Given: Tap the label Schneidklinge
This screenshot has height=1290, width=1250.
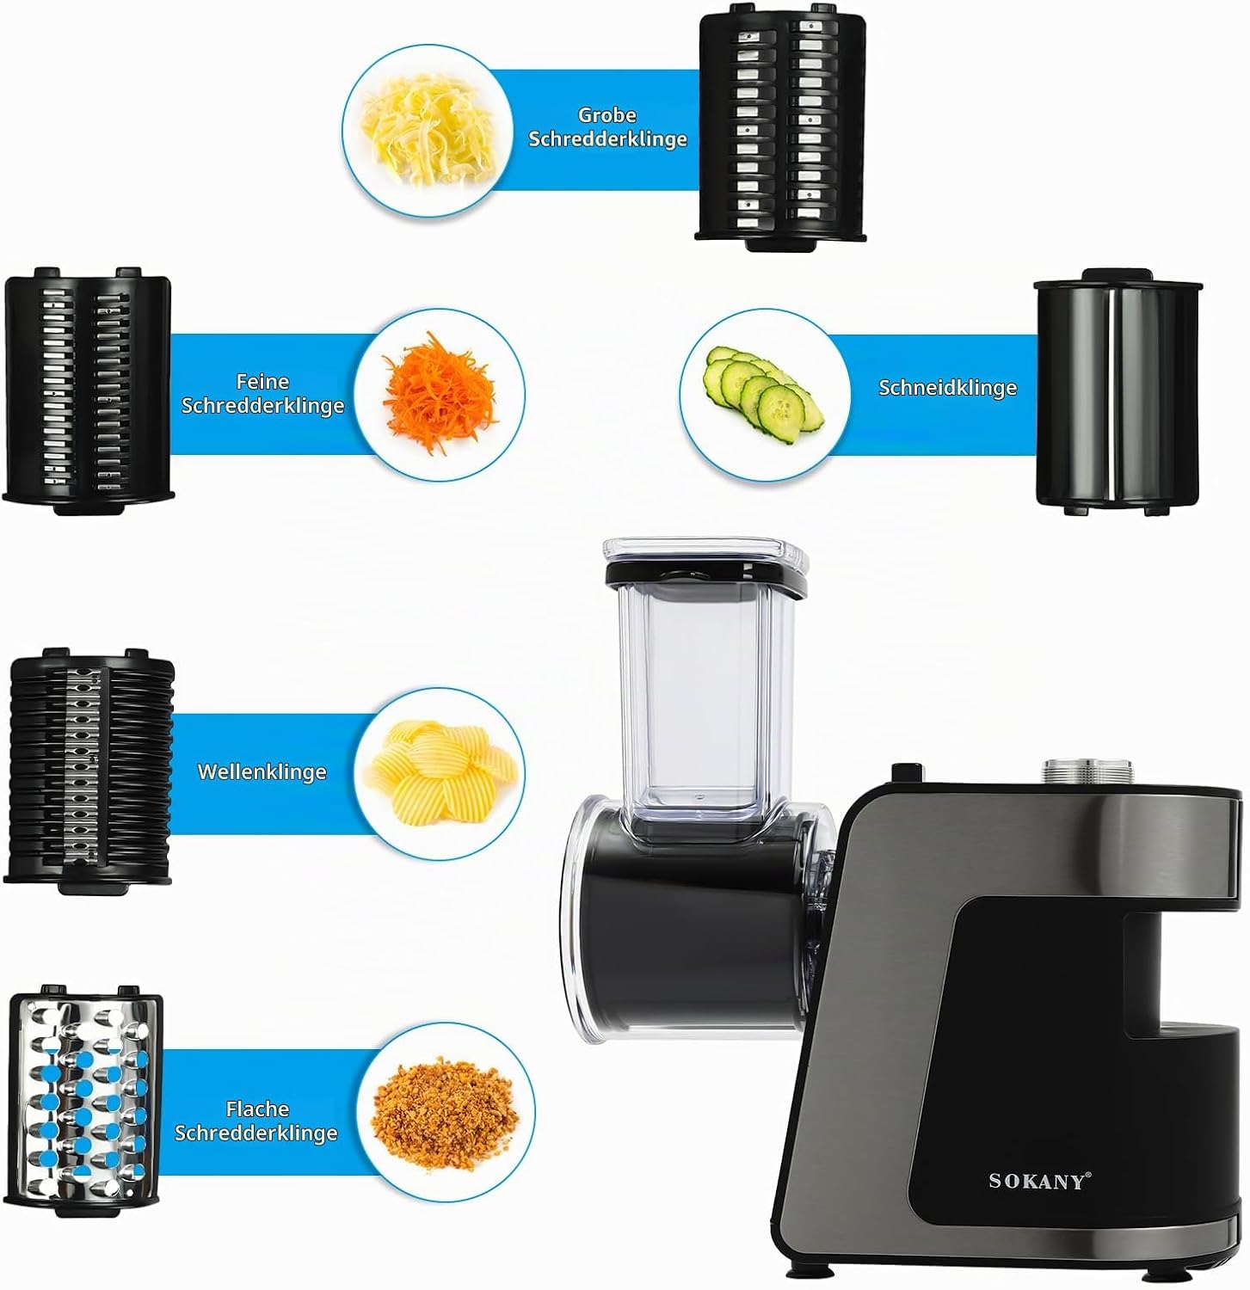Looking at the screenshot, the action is (x=947, y=388).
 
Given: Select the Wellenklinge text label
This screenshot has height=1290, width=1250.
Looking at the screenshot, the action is (x=262, y=771).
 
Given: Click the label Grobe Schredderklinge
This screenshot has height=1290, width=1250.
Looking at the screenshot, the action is (x=607, y=127).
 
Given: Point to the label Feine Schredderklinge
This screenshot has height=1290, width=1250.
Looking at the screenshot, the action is (x=262, y=394).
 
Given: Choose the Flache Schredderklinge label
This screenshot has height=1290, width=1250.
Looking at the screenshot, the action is (x=256, y=1121).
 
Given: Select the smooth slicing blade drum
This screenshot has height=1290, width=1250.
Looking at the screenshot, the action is (x=1117, y=392).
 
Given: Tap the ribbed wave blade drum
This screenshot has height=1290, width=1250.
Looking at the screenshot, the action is (x=90, y=766).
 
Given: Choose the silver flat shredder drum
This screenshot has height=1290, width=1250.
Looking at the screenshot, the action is (x=85, y=1103).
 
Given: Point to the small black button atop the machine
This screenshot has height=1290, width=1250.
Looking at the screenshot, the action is (x=907, y=772).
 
